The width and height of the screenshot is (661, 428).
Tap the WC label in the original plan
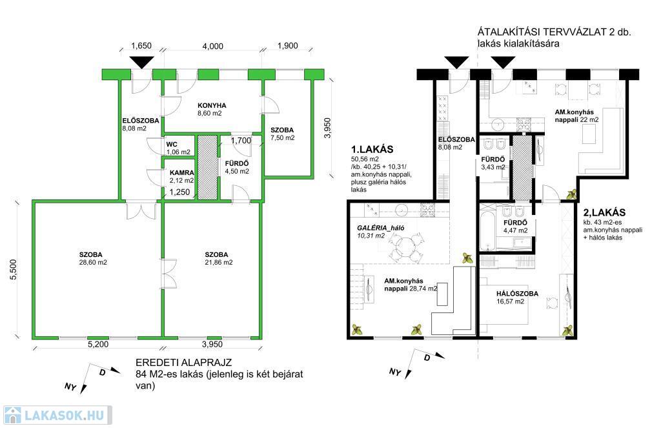pyautogui.click(x=172, y=145)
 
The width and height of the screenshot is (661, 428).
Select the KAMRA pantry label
pyautogui.click(x=181, y=173)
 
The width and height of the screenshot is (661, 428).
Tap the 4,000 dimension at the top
pyautogui.click(x=212, y=46)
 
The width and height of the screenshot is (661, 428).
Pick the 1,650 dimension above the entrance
pyautogui.click(x=141, y=46)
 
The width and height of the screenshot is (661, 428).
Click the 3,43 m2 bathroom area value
pyautogui.click(x=493, y=167)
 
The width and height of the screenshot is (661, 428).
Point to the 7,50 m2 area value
pyautogui.click(x=282, y=138)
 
